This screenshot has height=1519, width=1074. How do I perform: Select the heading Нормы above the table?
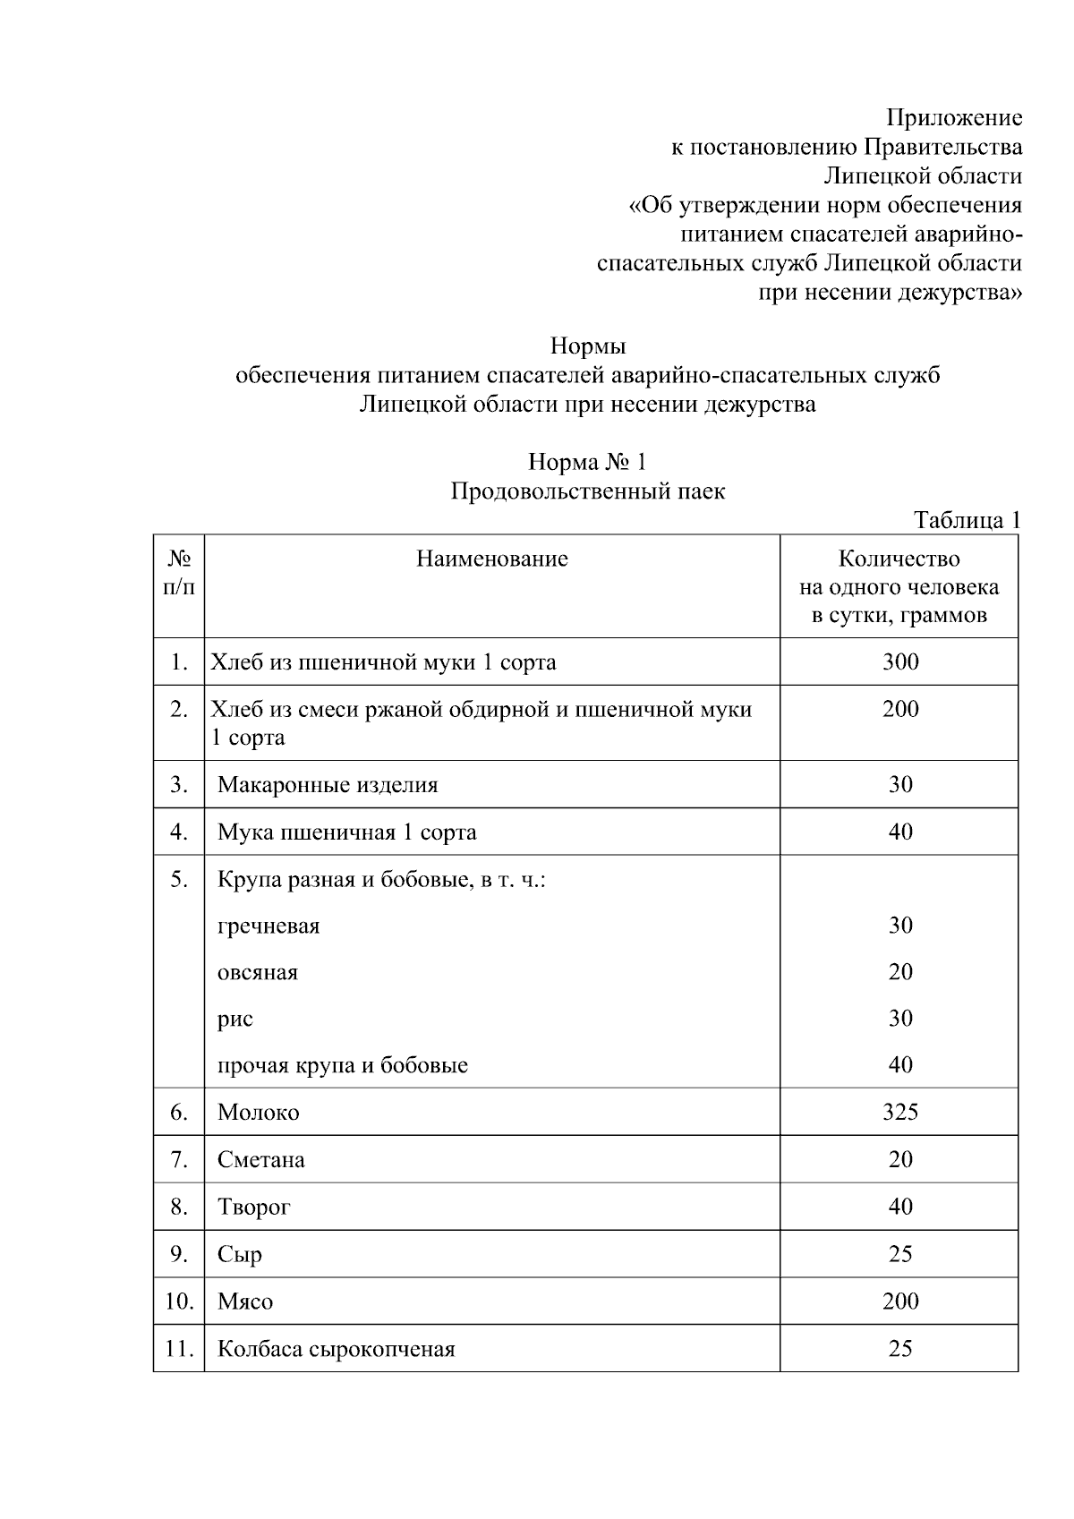click(x=587, y=346)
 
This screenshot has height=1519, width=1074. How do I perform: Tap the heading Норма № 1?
click(x=587, y=462)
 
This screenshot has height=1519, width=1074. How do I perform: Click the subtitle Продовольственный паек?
click(x=587, y=491)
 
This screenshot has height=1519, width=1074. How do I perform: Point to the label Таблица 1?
click(x=966, y=520)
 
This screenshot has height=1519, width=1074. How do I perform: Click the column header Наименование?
click(x=491, y=559)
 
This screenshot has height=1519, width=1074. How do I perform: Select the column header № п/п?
click(x=179, y=573)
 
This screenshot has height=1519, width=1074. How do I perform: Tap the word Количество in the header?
click(x=899, y=559)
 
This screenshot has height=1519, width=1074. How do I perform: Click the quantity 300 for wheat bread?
click(x=899, y=662)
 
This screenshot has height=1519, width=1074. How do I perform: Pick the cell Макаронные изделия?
click(x=328, y=785)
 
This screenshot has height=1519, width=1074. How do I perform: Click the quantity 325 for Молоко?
click(x=899, y=1113)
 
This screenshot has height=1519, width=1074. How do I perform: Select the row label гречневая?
click(x=268, y=926)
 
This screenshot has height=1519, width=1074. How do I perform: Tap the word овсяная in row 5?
click(x=258, y=973)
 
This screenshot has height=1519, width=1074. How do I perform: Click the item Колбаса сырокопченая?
click(x=337, y=1349)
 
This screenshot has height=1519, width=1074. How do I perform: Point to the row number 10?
click(x=179, y=1301)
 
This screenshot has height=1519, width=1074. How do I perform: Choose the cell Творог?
click(x=254, y=1208)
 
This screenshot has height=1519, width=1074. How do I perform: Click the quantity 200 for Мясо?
click(x=899, y=1301)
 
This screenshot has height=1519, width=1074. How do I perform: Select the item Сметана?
click(x=260, y=1160)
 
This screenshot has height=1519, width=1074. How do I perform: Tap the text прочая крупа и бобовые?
click(x=343, y=1066)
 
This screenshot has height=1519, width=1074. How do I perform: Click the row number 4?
click(x=179, y=832)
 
